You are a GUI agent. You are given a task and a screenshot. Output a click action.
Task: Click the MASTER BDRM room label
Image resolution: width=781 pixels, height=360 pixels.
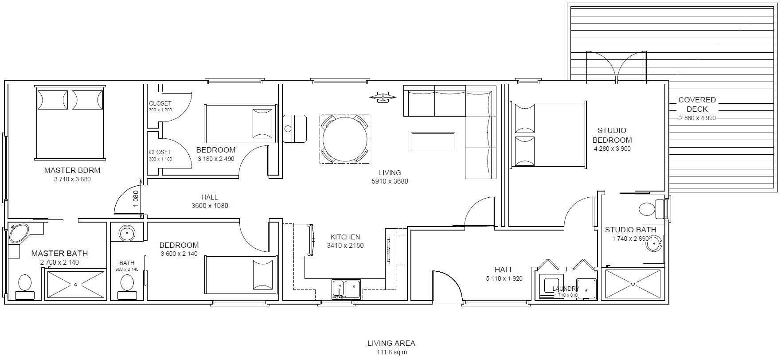click(x=72, y=170)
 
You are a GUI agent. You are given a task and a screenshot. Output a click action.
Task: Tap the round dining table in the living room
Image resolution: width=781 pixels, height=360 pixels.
click(x=345, y=138)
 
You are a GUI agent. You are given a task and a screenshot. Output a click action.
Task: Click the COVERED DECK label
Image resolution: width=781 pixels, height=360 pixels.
click(x=697, y=105)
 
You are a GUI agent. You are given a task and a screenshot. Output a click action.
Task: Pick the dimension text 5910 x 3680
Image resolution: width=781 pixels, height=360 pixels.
click(x=390, y=181)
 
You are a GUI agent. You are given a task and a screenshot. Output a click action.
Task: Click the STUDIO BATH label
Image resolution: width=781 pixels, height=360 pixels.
click(x=630, y=230)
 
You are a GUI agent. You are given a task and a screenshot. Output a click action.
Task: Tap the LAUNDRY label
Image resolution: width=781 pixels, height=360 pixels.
click(x=566, y=289)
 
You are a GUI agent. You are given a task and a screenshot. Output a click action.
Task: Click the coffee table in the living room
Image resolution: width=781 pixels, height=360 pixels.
click(x=433, y=142)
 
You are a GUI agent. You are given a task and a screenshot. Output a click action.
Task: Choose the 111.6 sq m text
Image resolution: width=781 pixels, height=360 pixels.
click(x=391, y=352)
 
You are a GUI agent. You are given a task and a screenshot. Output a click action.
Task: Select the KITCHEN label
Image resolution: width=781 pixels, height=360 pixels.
click(x=345, y=237)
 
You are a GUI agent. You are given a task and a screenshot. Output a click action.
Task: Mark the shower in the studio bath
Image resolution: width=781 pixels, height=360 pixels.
click(x=633, y=284)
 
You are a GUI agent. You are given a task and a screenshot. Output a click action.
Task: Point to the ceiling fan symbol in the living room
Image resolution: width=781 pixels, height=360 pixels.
click(x=383, y=97)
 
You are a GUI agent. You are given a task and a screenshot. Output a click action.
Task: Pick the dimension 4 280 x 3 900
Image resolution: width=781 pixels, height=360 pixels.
click(x=612, y=149)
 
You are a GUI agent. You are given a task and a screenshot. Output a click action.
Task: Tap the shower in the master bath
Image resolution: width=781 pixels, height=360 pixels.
click(x=76, y=284)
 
